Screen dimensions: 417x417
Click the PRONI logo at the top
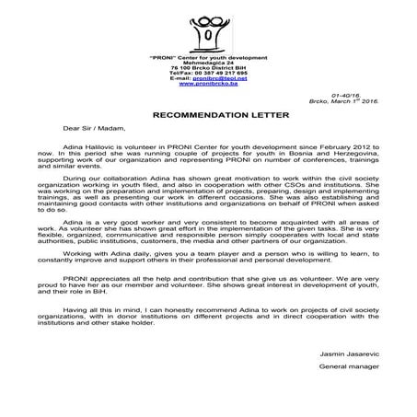point(209,27)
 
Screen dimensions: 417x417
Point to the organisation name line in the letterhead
point(208,56)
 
